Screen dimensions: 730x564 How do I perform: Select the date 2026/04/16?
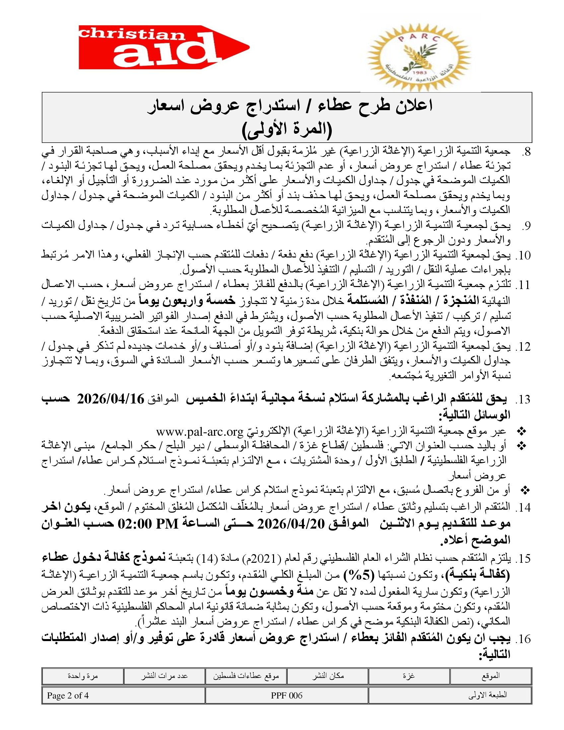(x=110, y=399)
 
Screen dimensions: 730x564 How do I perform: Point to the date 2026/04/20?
(x=291, y=524)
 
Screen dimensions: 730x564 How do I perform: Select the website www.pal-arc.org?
(x=199, y=432)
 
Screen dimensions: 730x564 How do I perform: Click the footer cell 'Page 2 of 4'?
(x=68, y=695)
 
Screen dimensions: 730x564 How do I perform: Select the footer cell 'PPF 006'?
(x=287, y=695)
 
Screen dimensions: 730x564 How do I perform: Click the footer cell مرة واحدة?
(x=83, y=676)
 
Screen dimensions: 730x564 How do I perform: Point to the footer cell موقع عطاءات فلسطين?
(x=246, y=676)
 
